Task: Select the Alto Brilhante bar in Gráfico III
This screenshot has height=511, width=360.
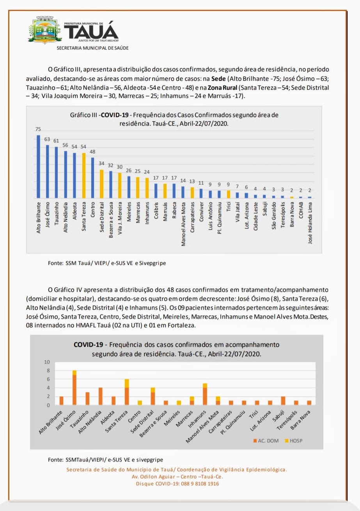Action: pyautogui.click(x=38, y=167)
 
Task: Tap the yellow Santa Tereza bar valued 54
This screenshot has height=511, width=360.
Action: pyautogui.click(x=83, y=176)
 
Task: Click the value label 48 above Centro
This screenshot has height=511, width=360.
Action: pyautogui.click(x=92, y=152)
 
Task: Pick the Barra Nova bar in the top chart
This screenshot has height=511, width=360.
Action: pyautogui.click(x=291, y=197)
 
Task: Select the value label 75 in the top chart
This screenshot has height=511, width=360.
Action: pyautogui.click(x=38, y=130)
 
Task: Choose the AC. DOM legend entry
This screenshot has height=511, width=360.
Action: pyautogui.click(x=267, y=441)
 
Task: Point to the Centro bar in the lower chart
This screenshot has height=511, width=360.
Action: pyautogui.click(x=140, y=403)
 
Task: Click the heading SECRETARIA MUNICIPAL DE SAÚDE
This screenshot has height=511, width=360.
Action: pyautogui.click(x=92, y=48)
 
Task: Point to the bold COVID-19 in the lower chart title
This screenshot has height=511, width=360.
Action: pyautogui.click(x=89, y=345)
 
